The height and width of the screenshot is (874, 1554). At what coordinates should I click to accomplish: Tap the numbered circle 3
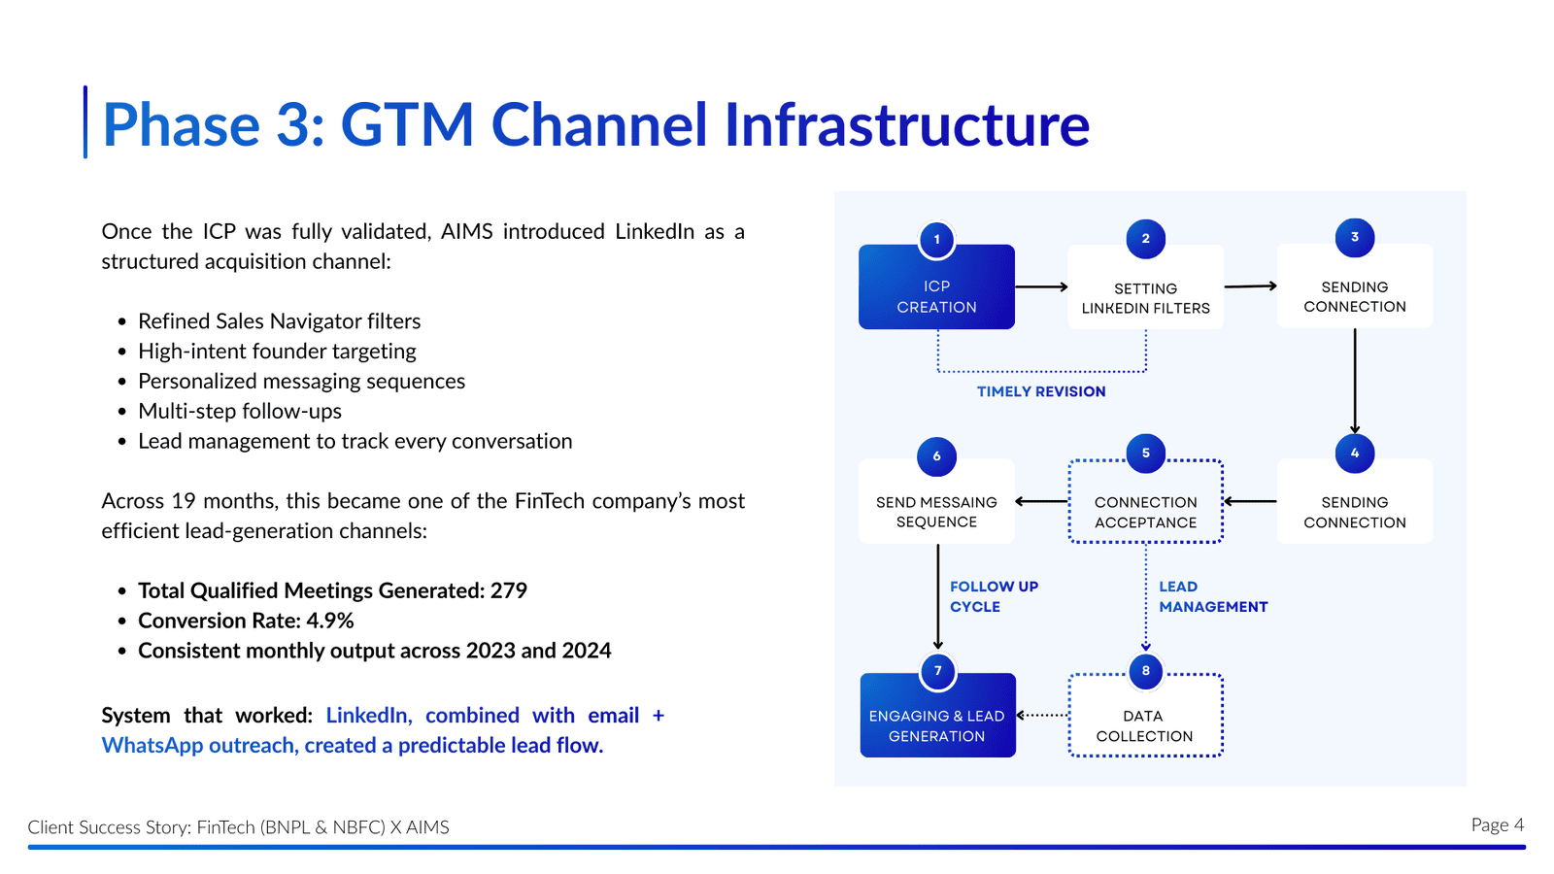(1355, 238)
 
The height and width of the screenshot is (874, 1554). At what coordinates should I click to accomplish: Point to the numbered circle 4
(1355, 454)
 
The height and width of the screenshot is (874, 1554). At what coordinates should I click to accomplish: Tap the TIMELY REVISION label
(1041, 391)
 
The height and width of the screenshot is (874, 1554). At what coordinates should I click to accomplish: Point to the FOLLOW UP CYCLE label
(994, 596)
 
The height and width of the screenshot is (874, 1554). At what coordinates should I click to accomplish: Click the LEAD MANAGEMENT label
(1212, 596)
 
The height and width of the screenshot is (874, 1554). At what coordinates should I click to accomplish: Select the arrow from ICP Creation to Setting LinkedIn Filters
(1041, 287)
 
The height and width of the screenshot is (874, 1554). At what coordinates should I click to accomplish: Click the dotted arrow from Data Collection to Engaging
(1042, 715)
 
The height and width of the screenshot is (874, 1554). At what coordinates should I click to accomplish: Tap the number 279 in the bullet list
(509, 590)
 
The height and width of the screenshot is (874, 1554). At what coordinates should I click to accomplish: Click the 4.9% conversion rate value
(330, 621)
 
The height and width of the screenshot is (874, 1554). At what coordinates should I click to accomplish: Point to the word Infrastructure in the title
(907, 125)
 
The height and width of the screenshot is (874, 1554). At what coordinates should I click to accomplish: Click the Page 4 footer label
(1497, 824)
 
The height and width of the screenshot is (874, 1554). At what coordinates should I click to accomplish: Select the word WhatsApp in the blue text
(150, 745)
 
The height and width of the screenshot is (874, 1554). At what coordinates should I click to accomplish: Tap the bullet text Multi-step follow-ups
(240, 411)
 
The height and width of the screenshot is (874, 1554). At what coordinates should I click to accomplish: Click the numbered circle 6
(936, 456)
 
